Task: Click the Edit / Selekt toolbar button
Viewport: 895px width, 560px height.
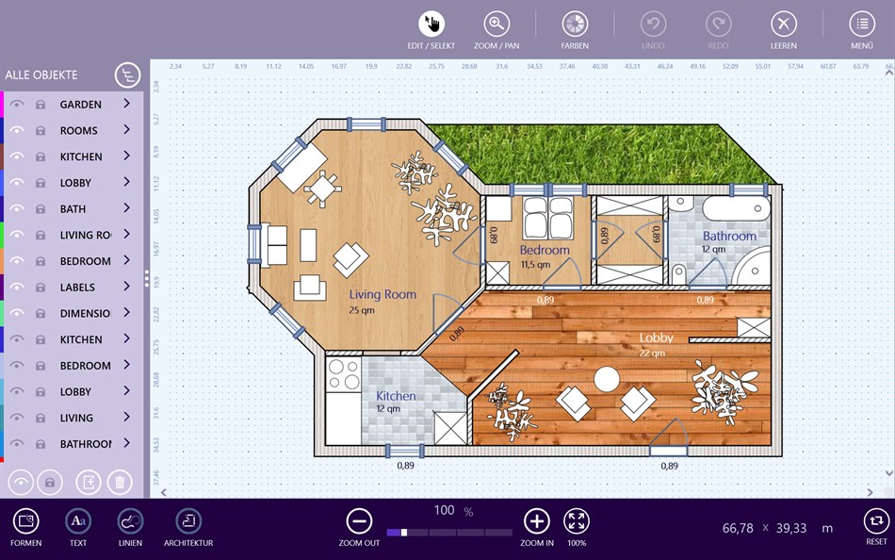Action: [431, 25]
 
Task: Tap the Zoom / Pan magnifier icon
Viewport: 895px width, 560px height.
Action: [496, 25]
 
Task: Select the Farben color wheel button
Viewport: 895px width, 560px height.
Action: [575, 25]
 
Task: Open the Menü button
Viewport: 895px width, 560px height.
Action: [862, 25]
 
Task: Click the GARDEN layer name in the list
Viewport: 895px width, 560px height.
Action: [80, 105]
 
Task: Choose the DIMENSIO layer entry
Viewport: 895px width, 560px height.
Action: [85, 313]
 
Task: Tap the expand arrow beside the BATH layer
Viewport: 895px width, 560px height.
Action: [126, 208]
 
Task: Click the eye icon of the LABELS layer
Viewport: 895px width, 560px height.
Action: [17, 288]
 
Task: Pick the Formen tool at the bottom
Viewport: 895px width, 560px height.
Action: [25, 521]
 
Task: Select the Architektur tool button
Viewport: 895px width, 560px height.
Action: [188, 521]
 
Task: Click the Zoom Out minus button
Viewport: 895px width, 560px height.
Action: [359, 521]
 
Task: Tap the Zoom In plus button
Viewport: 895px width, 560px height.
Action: [536, 521]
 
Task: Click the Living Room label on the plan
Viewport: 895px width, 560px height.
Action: [382, 295]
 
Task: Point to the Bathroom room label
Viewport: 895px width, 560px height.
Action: [729, 237]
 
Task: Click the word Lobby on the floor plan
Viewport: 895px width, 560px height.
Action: [657, 338]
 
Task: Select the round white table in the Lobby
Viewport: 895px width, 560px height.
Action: [607, 379]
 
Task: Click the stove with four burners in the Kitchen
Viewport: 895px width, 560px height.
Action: [343, 374]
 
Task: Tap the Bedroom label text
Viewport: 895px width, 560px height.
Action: [545, 250]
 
